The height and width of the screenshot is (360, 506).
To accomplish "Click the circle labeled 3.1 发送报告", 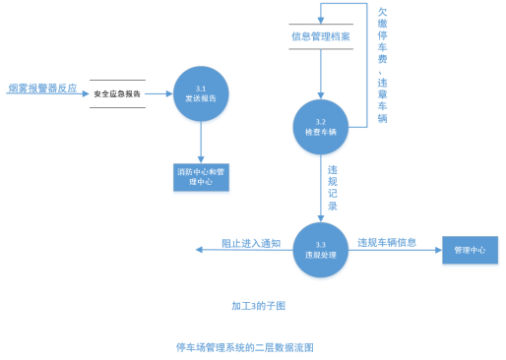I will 201,93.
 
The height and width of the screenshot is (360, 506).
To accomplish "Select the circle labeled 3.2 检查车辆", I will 321,126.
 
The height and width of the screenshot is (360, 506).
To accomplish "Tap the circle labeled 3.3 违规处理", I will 321,250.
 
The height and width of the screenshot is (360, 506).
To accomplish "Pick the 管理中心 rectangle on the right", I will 470,251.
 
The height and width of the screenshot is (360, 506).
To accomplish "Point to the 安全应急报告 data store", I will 117,94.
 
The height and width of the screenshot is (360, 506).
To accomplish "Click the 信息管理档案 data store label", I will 321,37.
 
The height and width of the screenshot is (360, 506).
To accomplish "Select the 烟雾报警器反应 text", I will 41,88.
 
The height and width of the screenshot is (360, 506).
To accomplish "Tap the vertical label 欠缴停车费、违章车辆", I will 382,64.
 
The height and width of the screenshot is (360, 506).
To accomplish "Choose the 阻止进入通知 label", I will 250,242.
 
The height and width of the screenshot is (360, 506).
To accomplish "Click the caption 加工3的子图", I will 258,306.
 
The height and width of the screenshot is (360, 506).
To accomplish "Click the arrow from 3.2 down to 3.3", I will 321,187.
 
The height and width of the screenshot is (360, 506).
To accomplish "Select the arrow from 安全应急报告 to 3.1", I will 159,93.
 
